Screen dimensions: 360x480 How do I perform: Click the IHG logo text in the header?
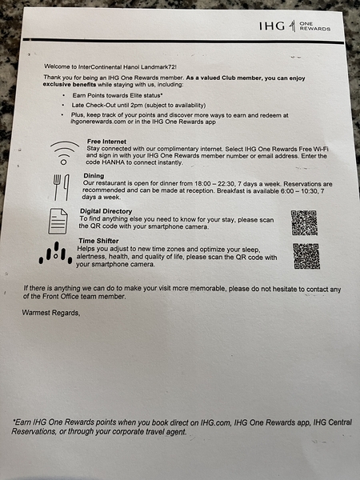click(x=272, y=26)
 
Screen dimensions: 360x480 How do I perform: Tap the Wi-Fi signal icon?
click(x=64, y=153)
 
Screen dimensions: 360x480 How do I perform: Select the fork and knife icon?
click(x=62, y=187)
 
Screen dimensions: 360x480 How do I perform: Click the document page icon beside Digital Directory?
click(x=58, y=221)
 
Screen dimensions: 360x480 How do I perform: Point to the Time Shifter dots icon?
click(x=55, y=253)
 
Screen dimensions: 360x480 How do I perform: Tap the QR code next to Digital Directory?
click(x=304, y=222)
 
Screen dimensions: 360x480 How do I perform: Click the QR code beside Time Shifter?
click(x=306, y=256)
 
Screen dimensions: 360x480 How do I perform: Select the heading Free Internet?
click(x=106, y=142)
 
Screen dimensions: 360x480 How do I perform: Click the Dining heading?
click(x=94, y=176)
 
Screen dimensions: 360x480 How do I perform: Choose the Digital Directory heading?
click(x=106, y=211)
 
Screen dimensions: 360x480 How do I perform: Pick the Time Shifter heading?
click(x=98, y=241)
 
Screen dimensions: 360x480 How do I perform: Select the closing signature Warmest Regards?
click(x=51, y=313)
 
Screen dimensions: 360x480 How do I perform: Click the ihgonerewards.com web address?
click(x=98, y=122)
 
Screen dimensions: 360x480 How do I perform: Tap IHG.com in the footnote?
click(x=215, y=422)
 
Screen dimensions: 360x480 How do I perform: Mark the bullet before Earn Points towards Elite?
click(x=63, y=95)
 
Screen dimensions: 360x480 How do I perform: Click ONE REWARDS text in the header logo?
click(x=314, y=26)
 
